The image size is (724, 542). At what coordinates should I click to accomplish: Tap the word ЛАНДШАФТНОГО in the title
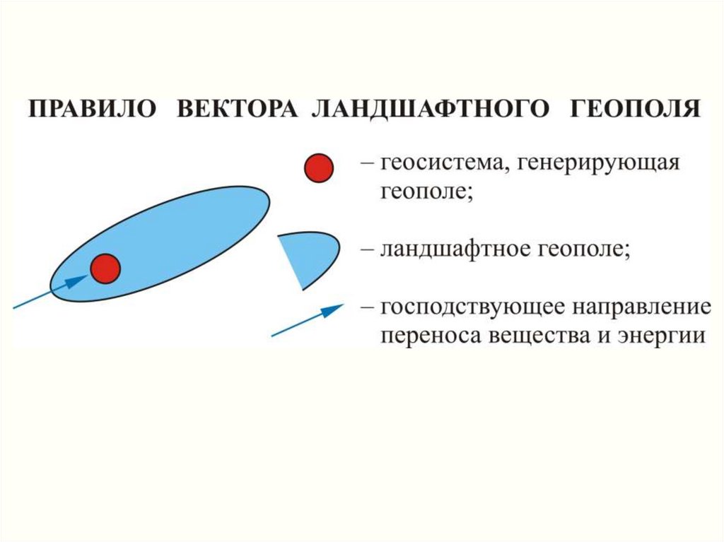click(431, 110)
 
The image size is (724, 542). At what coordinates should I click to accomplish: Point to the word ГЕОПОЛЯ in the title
click(636, 109)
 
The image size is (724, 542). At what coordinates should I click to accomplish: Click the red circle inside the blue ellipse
click(105, 269)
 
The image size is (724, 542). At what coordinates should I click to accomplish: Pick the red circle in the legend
click(319, 168)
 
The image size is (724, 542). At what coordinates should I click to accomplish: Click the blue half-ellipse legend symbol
click(308, 261)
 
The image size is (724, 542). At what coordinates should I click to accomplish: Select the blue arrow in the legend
click(308, 320)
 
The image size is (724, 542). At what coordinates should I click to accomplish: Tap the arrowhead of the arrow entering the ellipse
click(78, 281)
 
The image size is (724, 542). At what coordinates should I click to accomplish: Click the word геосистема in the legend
click(443, 163)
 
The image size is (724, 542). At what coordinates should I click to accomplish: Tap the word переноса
click(429, 336)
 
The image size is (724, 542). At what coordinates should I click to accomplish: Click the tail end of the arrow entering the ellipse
click(13, 307)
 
